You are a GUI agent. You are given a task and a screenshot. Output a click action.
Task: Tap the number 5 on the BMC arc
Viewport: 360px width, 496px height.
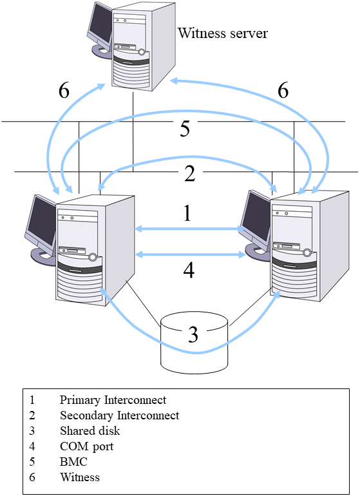click(185, 129)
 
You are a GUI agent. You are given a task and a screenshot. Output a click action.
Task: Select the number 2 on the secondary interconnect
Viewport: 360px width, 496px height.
click(189, 173)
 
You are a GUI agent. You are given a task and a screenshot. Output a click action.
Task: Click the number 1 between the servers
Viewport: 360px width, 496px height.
click(187, 213)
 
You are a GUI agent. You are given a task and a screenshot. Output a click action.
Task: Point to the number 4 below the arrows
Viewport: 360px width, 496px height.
click(188, 270)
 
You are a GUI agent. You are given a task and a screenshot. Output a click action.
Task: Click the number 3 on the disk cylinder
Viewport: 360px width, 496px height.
click(193, 334)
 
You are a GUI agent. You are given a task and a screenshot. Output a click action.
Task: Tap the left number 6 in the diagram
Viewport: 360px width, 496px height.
click(63, 91)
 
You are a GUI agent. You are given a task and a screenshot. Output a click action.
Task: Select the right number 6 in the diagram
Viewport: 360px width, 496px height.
click(283, 91)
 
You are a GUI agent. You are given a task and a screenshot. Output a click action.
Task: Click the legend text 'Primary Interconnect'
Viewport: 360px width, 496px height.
click(113, 400)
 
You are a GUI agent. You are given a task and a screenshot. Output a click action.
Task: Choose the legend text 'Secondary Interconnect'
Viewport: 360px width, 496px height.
click(119, 415)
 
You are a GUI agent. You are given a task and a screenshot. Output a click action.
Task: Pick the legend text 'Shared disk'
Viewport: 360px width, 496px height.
click(90, 431)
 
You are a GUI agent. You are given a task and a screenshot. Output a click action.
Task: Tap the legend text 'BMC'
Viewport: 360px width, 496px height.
click(73, 462)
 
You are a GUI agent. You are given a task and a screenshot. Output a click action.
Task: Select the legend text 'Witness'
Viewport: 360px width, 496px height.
click(80, 477)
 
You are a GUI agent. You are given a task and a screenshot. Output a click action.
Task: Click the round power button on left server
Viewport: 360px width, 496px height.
click(93, 257)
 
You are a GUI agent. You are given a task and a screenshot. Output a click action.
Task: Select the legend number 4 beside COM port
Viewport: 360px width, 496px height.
click(32, 446)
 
